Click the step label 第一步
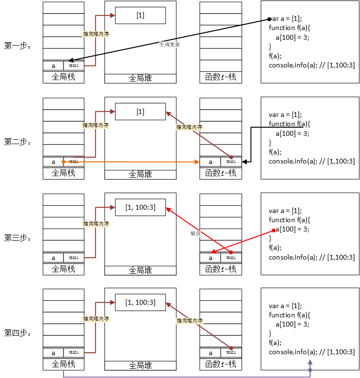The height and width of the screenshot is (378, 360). tap(17, 46)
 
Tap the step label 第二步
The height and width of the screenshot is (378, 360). tap(17, 142)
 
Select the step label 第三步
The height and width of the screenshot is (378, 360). tap(17, 238)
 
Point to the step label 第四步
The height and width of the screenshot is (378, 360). tap(17, 333)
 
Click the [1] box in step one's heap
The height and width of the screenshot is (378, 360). tap(140, 16)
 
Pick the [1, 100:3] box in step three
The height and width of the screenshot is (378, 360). tap(140, 207)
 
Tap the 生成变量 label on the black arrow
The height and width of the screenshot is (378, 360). tap(170, 44)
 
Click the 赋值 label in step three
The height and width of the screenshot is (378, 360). tap(196, 234)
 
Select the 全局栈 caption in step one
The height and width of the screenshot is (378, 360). tap(64, 77)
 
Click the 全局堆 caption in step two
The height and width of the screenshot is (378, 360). tap(140, 174)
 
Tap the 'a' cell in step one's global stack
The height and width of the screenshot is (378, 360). tap(53, 66)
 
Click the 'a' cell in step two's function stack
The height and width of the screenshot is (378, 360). tap(210, 162)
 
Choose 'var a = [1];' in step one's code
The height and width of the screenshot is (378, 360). tap(286, 19)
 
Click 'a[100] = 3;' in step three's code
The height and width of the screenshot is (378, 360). tap(292, 230)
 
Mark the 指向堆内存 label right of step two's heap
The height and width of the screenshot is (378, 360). tap(189, 127)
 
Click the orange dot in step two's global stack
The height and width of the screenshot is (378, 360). tap(63, 162)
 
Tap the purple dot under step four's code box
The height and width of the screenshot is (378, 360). tap(310, 370)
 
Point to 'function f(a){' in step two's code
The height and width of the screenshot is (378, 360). tap(289, 124)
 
